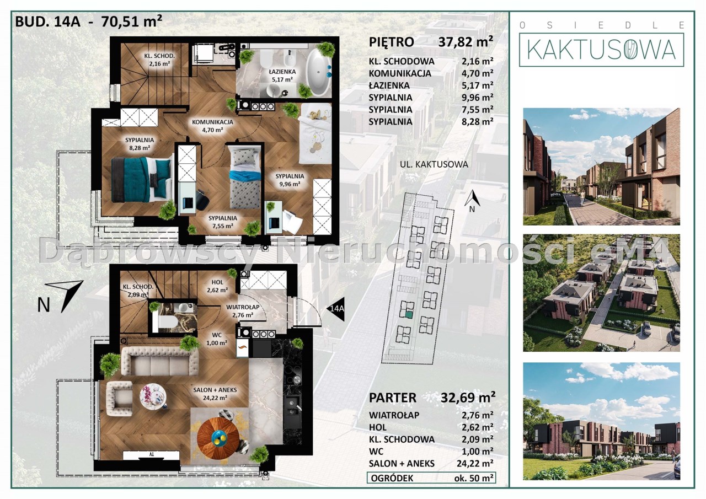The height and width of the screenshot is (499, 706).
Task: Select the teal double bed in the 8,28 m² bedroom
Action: [142, 179]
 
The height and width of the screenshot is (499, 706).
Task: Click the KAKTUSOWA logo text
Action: [601, 50]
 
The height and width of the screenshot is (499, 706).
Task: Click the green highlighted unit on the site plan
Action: [409, 314]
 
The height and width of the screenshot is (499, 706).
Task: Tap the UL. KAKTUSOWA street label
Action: [434, 164]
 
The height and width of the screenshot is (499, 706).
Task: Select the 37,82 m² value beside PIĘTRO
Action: [466, 41]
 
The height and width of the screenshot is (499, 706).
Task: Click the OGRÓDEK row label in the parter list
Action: [392, 478]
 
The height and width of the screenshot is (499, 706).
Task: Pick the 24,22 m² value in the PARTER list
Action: [475, 463]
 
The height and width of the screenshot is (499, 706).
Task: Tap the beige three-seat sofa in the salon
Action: [160, 361]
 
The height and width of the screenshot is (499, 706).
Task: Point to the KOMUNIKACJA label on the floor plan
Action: [212, 122]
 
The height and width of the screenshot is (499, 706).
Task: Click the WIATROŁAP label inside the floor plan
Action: [243, 307]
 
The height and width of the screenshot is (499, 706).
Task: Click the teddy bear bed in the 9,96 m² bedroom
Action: [315, 134]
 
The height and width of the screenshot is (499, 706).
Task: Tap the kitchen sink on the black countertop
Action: [292, 406]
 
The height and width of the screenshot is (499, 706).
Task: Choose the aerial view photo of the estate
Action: [601, 293]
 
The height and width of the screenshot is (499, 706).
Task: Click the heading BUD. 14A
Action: [47, 22]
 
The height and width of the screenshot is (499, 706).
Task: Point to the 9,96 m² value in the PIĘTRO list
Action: [478, 97]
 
